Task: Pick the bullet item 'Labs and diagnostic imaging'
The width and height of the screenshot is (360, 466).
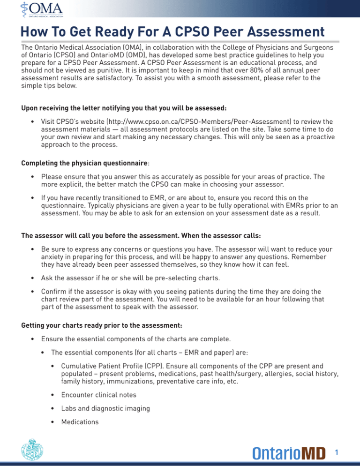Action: click(x=110, y=408)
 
